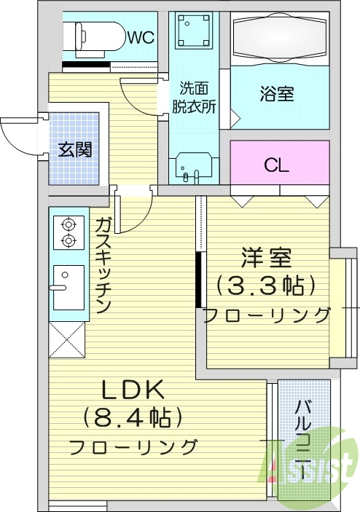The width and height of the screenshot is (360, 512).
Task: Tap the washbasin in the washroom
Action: [195, 167]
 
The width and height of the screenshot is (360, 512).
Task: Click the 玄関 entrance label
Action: [74, 151]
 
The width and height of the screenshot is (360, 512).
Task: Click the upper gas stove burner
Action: [68, 225]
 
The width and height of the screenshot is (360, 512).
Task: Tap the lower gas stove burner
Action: [68, 240]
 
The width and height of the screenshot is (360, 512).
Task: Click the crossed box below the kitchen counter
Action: [67, 340]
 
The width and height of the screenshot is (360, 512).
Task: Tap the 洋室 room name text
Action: [266, 259]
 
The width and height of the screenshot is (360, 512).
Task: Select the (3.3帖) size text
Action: [266, 285]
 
